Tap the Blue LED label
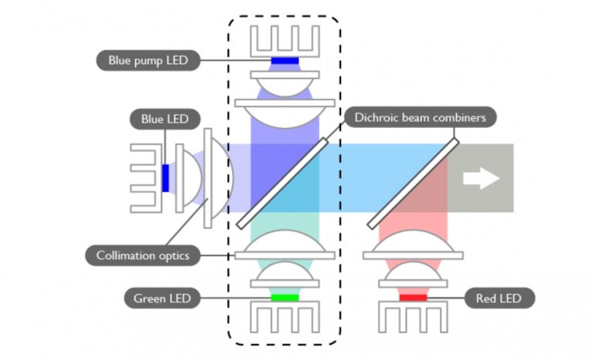(164, 119)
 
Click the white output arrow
(481, 178)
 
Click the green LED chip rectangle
(285, 297)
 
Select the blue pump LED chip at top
(285, 60)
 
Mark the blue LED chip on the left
(165, 177)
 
